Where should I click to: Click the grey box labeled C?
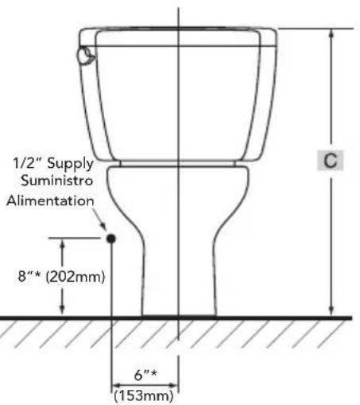[328, 161]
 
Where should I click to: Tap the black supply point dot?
[111, 237]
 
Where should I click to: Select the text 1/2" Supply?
[52, 164]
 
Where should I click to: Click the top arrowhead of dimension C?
[333, 33]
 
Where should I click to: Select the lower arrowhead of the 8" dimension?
[63, 313]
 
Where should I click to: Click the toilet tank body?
[178, 103]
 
